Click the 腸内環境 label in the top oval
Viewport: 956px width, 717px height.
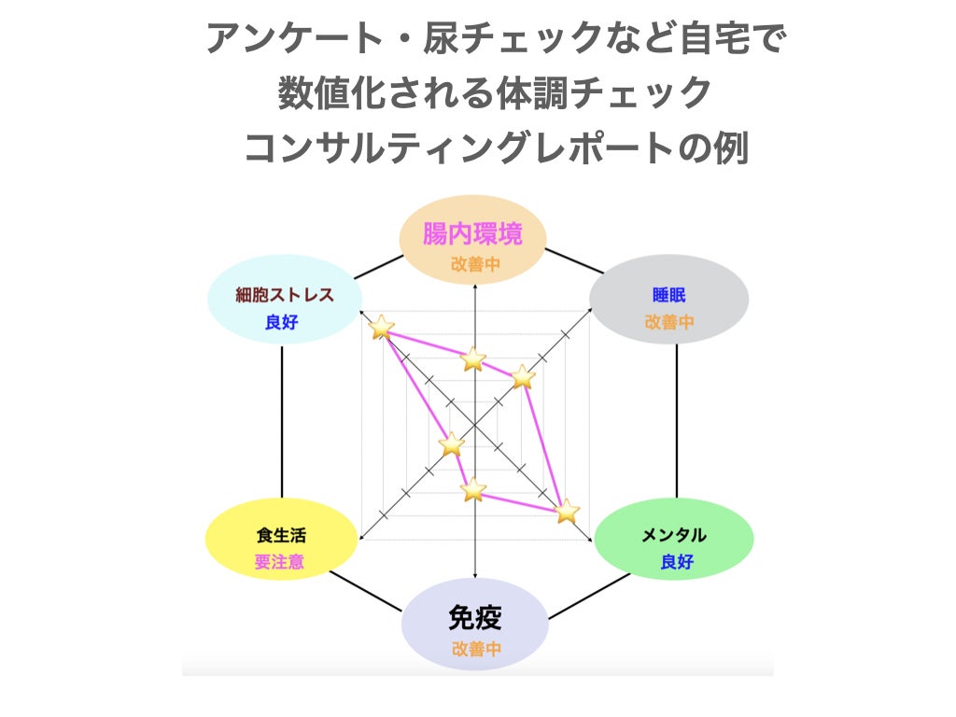pos(472,233)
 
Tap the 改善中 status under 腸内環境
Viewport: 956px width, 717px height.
pos(475,264)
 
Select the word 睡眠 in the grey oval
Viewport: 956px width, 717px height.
pos(669,295)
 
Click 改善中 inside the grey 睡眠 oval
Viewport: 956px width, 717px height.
pos(669,323)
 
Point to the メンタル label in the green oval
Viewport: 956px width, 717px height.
pos(674,535)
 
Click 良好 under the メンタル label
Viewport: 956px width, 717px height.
pos(677,562)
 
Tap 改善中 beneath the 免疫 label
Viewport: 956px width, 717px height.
pos(476,649)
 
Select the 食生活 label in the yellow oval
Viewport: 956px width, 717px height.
pos(281,536)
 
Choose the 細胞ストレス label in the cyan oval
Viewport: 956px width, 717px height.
pos(285,295)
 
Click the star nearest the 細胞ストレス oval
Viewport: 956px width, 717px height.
pos(381,327)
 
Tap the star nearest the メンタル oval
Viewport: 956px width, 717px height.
pos(567,511)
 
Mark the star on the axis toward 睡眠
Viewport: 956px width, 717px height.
pos(522,376)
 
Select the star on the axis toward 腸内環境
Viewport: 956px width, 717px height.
pos(474,358)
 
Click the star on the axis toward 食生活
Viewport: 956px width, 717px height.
pos(452,444)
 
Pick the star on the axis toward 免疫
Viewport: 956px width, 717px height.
pos(474,488)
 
